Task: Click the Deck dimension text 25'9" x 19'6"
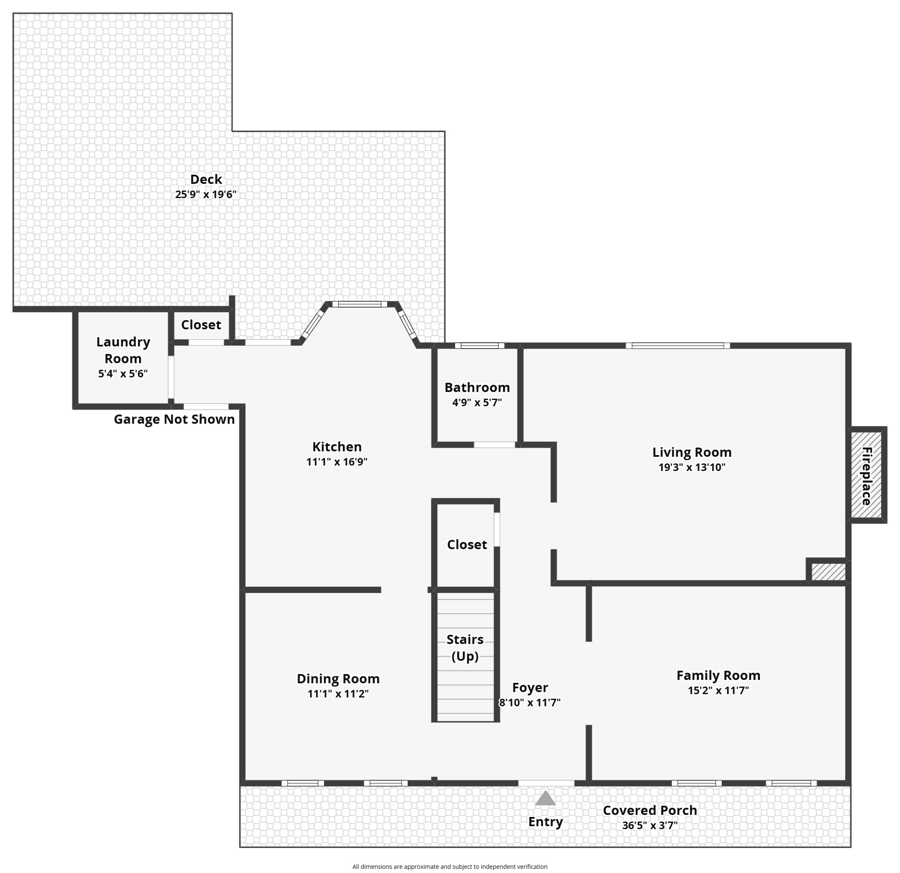[x=206, y=195]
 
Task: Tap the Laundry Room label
[x=123, y=350]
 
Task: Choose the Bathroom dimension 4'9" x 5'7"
[x=477, y=403]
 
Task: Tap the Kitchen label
[x=337, y=447]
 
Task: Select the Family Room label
[x=718, y=675]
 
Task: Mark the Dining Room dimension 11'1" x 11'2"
[x=338, y=694]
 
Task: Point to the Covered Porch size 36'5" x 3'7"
[x=650, y=825]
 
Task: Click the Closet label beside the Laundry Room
[x=201, y=325]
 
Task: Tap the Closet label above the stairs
[x=467, y=544]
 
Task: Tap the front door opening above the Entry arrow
[x=546, y=783]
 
